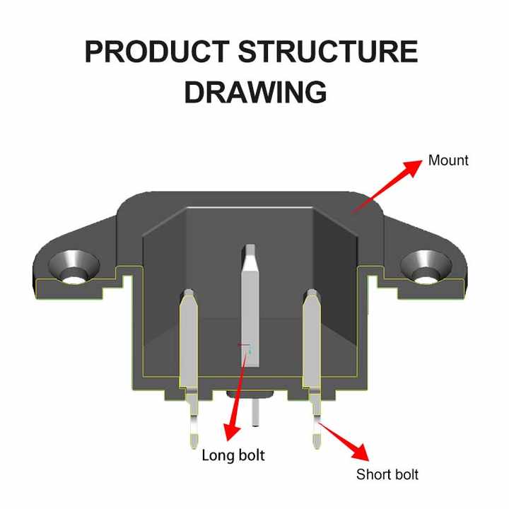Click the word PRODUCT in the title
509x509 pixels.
(x=157, y=53)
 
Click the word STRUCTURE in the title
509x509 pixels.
(x=327, y=53)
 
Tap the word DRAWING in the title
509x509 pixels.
(x=255, y=93)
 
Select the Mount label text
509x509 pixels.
(x=448, y=160)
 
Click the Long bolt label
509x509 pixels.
(x=233, y=455)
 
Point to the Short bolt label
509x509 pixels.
(x=387, y=474)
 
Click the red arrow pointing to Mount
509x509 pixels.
(x=386, y=186)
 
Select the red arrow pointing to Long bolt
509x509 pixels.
(x=235, y=396)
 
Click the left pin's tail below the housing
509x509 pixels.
(x=193, y=424)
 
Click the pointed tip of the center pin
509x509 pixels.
(x=250, y=250)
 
